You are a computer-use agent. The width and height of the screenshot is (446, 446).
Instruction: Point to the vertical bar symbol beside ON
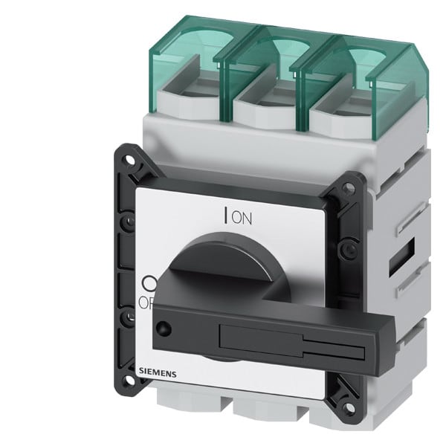(x=225, y=216)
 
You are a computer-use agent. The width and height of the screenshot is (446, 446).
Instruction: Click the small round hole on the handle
(x=162, y=326)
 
